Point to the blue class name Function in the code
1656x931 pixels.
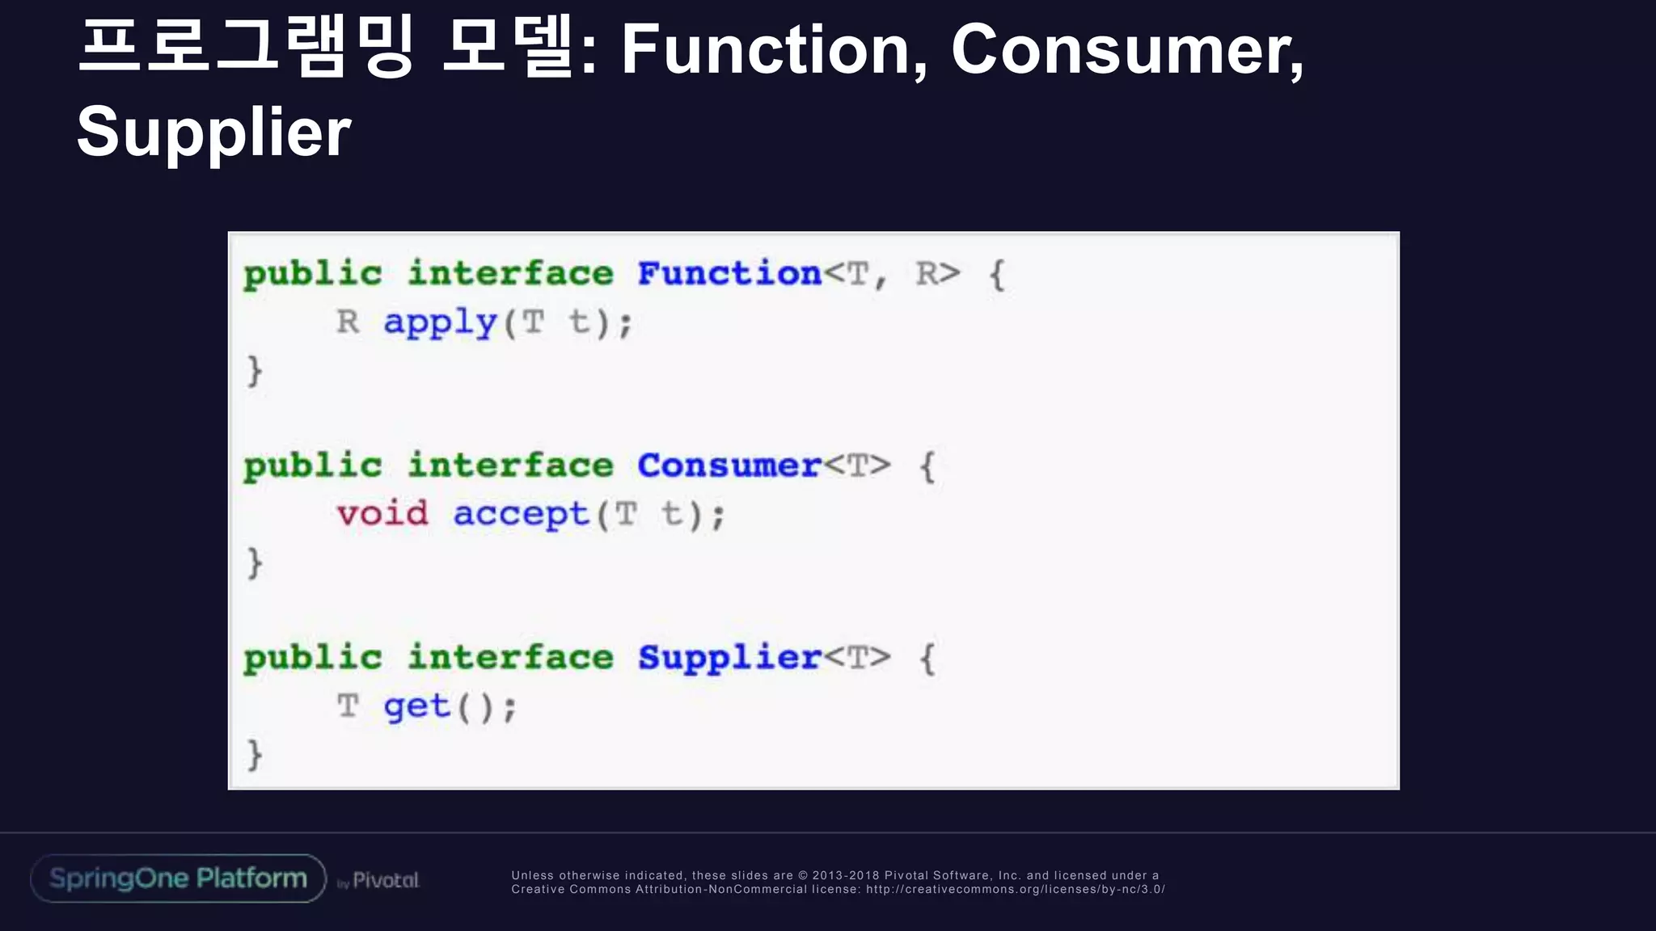(x=729, y=274)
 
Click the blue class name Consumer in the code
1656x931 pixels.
(x=729, y=465)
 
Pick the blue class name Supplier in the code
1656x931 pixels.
(x=729, y=658)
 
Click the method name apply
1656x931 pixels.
(x=441, y=323)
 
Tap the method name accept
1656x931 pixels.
(x=522, y=515)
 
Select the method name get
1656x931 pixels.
(x=416, y=707)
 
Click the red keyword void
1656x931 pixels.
(x=382, y=514)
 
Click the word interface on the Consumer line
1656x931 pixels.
(x=510, y=465)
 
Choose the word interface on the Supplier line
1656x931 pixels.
(x=510, y=658)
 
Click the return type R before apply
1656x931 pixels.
(x=348, y=322)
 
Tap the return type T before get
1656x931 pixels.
(x=348, y=706)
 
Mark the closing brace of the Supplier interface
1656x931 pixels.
(x=255, y=755)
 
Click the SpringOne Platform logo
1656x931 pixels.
(x=178, y=878)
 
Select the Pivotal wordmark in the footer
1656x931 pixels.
(x=386, y=880)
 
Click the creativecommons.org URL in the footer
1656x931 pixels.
(x=1015, y=890)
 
